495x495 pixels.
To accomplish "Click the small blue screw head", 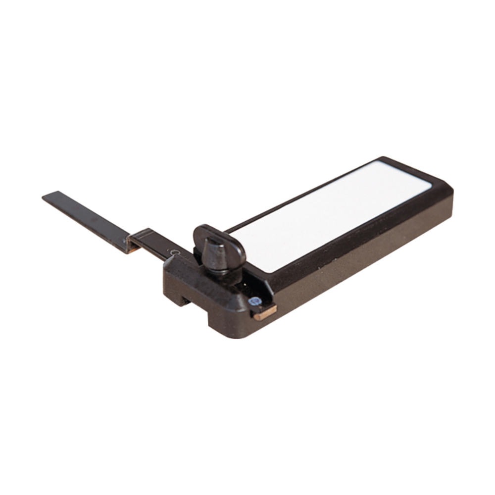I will click(255, 301).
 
